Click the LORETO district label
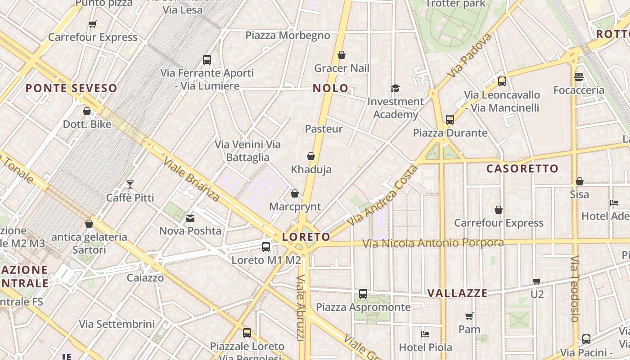(x=306, y=237)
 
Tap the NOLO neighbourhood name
(x=331, y=88)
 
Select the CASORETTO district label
(x=522, y=169)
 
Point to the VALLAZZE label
(x=457, y=293)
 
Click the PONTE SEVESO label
(x=71, y=88)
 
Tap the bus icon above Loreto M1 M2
(x=266, y=247)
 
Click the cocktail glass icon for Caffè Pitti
(x=130, y=184)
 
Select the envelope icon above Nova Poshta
(x=190, y=218)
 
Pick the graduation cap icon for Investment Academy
(x=395, y=89)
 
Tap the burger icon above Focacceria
(x=579, y=77)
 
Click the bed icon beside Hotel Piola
(x=425, y=334)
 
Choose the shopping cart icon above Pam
(x=469, y=316)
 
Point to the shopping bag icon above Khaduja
(x=310, y=157)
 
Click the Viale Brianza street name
(x=191, y=179)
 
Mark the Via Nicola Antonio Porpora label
(x=433, y=243)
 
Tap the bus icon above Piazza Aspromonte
(x=363, y=294)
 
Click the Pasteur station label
(x=324, y=129)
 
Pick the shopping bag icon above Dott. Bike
(x=87, y=111)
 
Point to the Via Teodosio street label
(x=575, y=289)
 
